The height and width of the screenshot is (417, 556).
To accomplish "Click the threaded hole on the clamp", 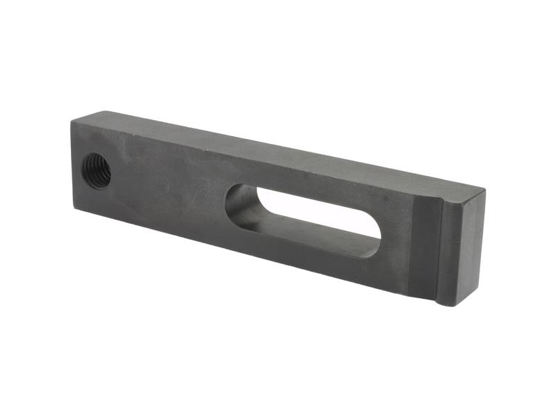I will coord(97,170).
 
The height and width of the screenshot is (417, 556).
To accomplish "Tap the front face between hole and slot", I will coord(167,188).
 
